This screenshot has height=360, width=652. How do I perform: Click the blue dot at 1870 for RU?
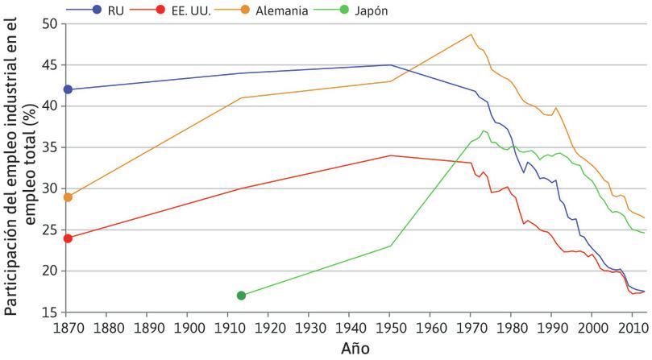(68, 89)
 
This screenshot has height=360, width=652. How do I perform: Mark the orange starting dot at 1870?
(68, 197)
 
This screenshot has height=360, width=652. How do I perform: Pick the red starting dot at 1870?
(68, 238)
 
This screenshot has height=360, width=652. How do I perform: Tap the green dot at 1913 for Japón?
(241, 296)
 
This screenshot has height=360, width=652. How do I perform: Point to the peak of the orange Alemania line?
(471, 35)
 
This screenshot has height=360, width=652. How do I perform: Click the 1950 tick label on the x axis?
(390, 327)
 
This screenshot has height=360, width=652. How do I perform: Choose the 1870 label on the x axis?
(68, 327)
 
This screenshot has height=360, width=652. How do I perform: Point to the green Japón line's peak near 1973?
(484, 130)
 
